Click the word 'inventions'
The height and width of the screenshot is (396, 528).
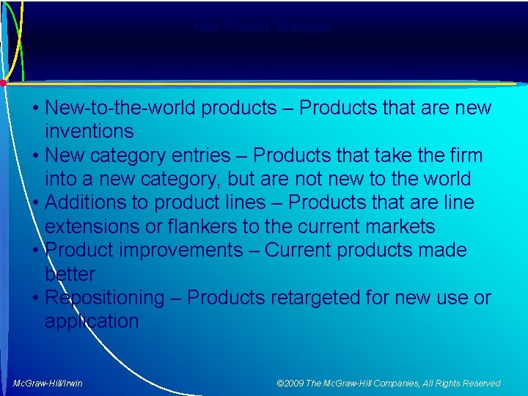click(89, 132)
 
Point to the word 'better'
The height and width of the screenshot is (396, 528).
click(70, 274)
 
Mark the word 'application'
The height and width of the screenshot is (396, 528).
click(92, 322)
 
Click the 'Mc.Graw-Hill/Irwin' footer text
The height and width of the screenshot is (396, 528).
click(48, 384)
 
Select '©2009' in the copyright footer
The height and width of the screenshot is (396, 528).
click(290, 384)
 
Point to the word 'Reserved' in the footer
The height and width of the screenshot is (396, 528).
click(480, 384)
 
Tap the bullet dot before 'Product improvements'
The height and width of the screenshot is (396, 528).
click(36, 251)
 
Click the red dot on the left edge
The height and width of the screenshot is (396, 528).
click(3, 83)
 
